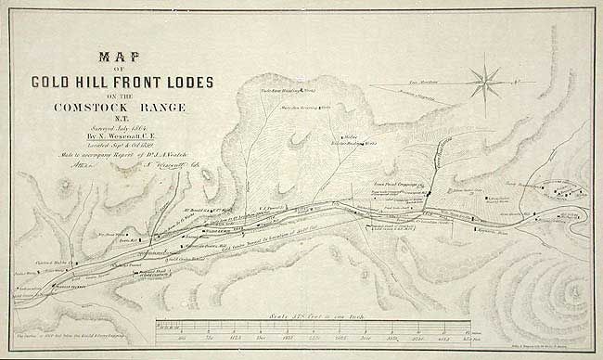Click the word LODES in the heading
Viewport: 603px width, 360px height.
pyautogui.click(x=193, y=83)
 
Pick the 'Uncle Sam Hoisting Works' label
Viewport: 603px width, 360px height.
pyautogui.click(x=295, y=93)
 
